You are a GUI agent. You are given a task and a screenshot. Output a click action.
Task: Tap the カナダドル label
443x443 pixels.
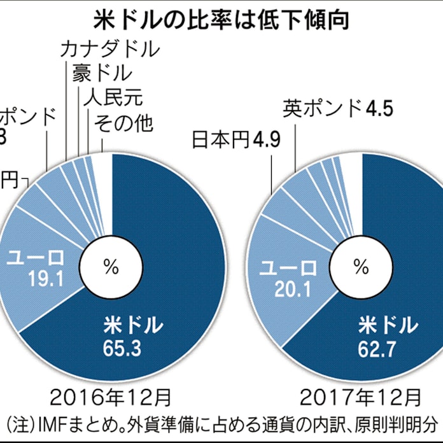point(109,50)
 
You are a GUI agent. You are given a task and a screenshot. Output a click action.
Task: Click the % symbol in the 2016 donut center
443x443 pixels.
point(111,266)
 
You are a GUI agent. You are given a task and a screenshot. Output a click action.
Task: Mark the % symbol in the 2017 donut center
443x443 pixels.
point(362,266)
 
